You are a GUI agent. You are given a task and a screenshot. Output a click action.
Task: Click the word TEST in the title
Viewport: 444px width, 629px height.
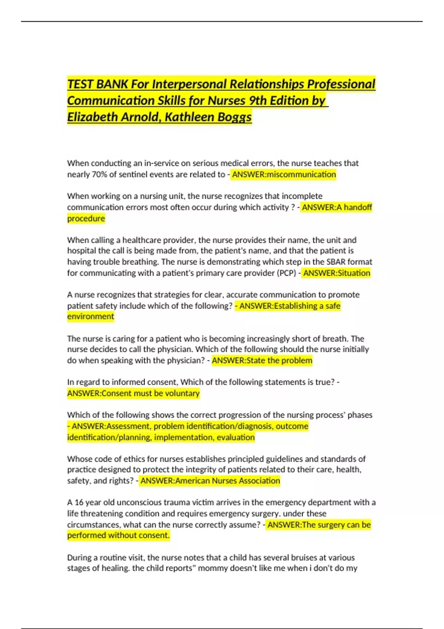(x=80, y=84)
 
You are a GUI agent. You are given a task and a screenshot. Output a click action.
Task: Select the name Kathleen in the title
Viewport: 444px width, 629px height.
(x=189, y=117)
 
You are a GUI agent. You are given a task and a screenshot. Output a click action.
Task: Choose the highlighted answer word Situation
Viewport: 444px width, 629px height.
(x=354, y=273)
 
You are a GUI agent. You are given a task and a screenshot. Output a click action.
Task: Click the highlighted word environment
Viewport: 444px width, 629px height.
(x=91, y=316)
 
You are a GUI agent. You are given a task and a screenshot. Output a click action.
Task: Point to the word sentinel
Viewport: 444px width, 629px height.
(x=133, y=174)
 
